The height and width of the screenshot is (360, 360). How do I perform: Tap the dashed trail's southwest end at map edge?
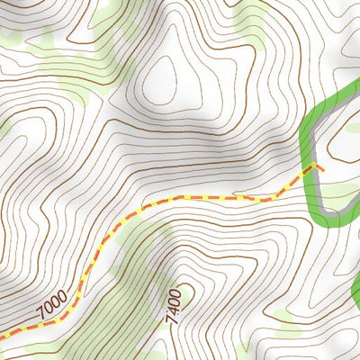click(x=2, y=337)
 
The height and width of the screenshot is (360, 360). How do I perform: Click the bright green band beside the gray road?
click(x=306, y=135)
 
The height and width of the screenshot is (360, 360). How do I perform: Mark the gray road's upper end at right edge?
click(x=356, y=91)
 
